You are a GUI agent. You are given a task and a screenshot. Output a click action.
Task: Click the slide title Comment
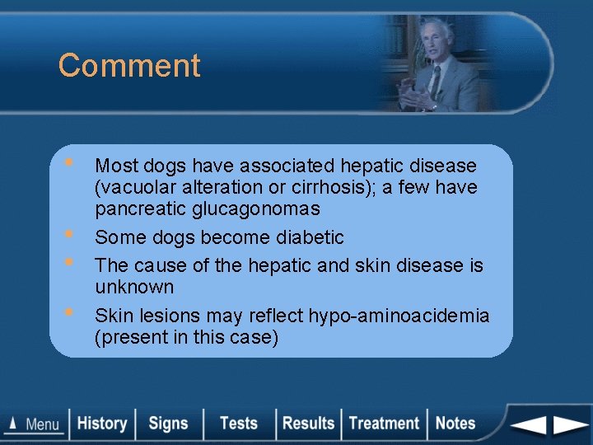click(x=129, y=66)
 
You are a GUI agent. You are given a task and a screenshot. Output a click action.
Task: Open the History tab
click(x=102, y=424)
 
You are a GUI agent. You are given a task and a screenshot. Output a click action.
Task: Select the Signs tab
click(x=168, y=424)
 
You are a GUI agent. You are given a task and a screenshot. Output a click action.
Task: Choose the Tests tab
click(x=239, y=424)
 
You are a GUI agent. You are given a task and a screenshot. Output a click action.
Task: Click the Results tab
click(x=308, y=424)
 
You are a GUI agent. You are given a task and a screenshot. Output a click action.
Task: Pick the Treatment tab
click(x=384, y=424)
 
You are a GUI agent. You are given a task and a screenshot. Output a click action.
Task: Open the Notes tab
click(x=455, y=424)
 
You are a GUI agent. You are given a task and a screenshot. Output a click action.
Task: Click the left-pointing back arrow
click(x=528, y=425)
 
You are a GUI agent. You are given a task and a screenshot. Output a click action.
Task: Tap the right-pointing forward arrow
click(x=570, y=425)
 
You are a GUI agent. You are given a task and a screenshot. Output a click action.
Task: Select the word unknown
click(x=134, y=288)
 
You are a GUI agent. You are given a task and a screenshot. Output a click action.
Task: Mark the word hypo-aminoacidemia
click(x=399, y=316)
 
